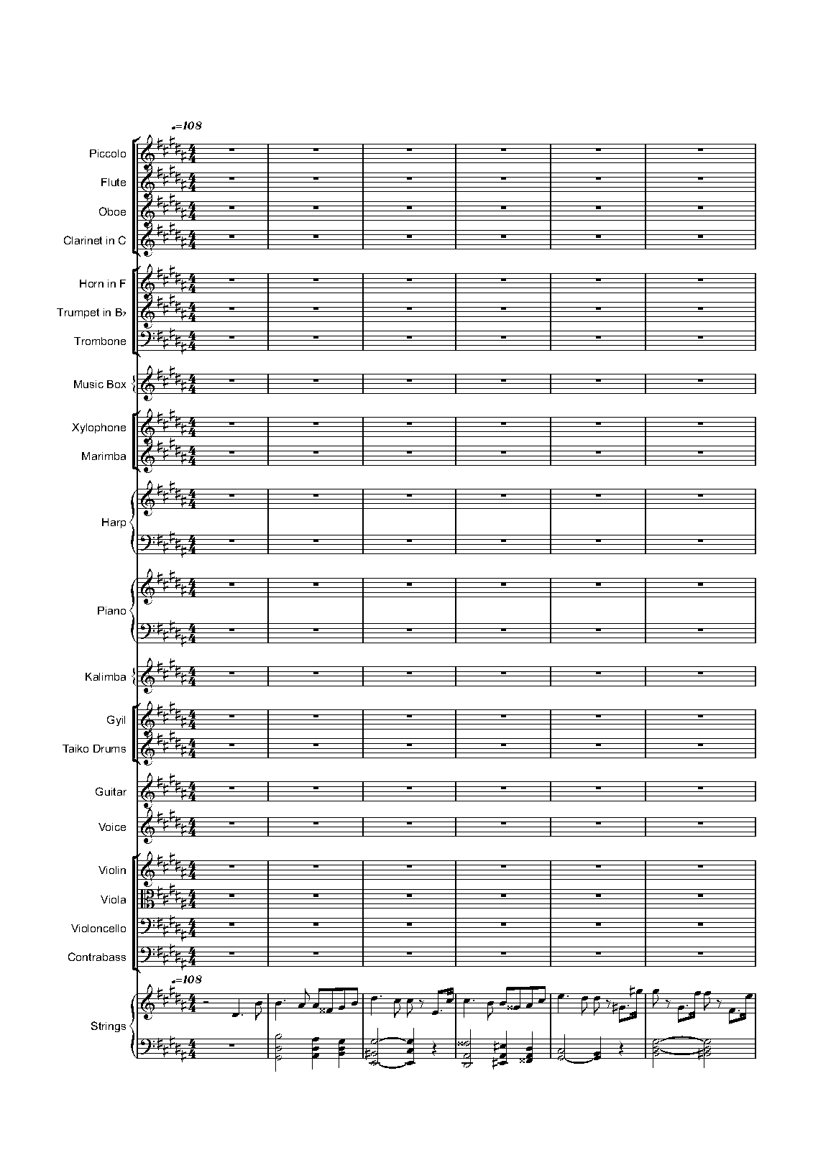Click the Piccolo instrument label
coord(107,154)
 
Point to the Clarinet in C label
coord(94,241)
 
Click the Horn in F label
coord(102,284)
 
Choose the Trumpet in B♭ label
coord(91,313)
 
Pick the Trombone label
coord(100,341)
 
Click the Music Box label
coord(99,385)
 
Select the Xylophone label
coord(98,428)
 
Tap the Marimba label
coord(104,456)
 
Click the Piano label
coord(111,611)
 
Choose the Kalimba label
coord(105,677)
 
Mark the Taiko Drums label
coord(94,749)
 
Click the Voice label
coord(112,827)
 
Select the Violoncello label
coord(98,929)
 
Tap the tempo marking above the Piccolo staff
coord(186,126)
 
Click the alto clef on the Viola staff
coord(147,899)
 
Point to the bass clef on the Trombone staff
coord(147,341)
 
